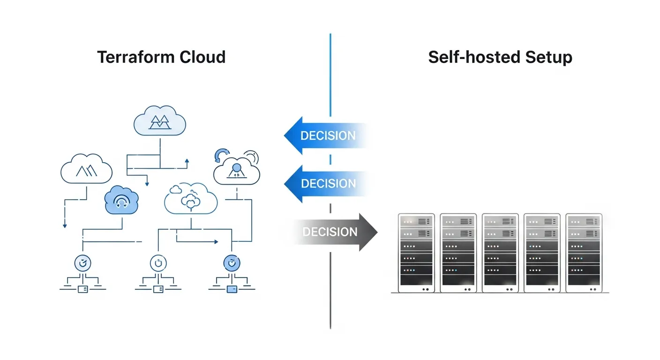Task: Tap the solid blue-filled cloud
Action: pyautogui.click(x=121, y=200)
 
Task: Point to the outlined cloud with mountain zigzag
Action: pyautogui.click(x=86, y=168)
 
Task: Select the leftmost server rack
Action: pyautogui.click(x=416, y=253)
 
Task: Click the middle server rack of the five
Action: pyautogui.click(x=500, y=253)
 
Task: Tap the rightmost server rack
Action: pyautogui.click(x=584, y=253)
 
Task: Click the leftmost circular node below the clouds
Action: pyautogui.click(x=83, y=263)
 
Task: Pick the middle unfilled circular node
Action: pyautogui.click(x=158, y=263)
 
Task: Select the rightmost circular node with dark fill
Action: pyautogui.click(x=232, y=263)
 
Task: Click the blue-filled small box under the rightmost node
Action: pyautogui.click(x=232, y=289)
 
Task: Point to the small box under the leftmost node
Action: pyautogui.click(x=83, y=289)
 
